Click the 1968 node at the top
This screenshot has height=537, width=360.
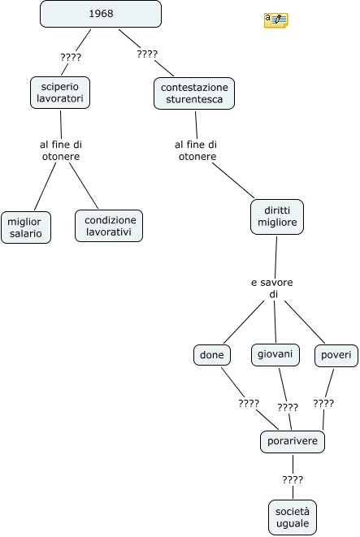coord(101,14)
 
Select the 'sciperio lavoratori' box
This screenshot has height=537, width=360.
coord(60,93)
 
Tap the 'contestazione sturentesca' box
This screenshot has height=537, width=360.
coord(194,93)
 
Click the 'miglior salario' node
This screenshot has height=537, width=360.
coord(26,227)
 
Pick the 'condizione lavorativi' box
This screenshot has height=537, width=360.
coord(109,226)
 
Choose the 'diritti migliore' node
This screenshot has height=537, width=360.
coord(277,217)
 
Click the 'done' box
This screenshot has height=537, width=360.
coord(212,355)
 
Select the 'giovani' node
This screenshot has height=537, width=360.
coord(275,354)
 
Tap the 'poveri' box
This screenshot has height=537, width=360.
coord(336,355)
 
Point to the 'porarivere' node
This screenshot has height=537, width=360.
coord(293,441)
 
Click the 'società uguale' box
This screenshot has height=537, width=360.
coord(293,518)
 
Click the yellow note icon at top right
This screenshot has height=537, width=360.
coord(275,20)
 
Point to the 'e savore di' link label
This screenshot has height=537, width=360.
coord(272,288)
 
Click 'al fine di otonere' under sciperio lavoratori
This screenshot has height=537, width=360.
coord(61,150)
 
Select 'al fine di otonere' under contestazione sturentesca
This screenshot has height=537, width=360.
coord(196,150)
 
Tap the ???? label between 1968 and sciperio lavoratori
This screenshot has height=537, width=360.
coord(71,57)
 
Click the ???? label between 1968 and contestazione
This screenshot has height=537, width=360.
coord(147,54)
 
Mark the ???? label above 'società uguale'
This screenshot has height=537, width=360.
coord(293,479)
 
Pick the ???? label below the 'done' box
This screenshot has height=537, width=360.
coord(249,403)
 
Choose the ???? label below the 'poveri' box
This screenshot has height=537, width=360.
coord(323,403)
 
